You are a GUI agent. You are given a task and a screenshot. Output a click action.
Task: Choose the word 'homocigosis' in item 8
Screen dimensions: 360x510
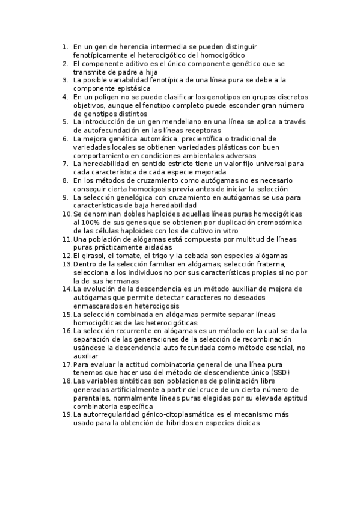pyautogui.click(x=139, y=188)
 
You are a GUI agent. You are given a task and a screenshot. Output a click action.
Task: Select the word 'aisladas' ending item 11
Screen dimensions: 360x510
pyautogui.click(x=157, y=247)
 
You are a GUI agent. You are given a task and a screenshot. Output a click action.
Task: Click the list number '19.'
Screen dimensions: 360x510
pyautogui.click(x=67, y=414)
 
